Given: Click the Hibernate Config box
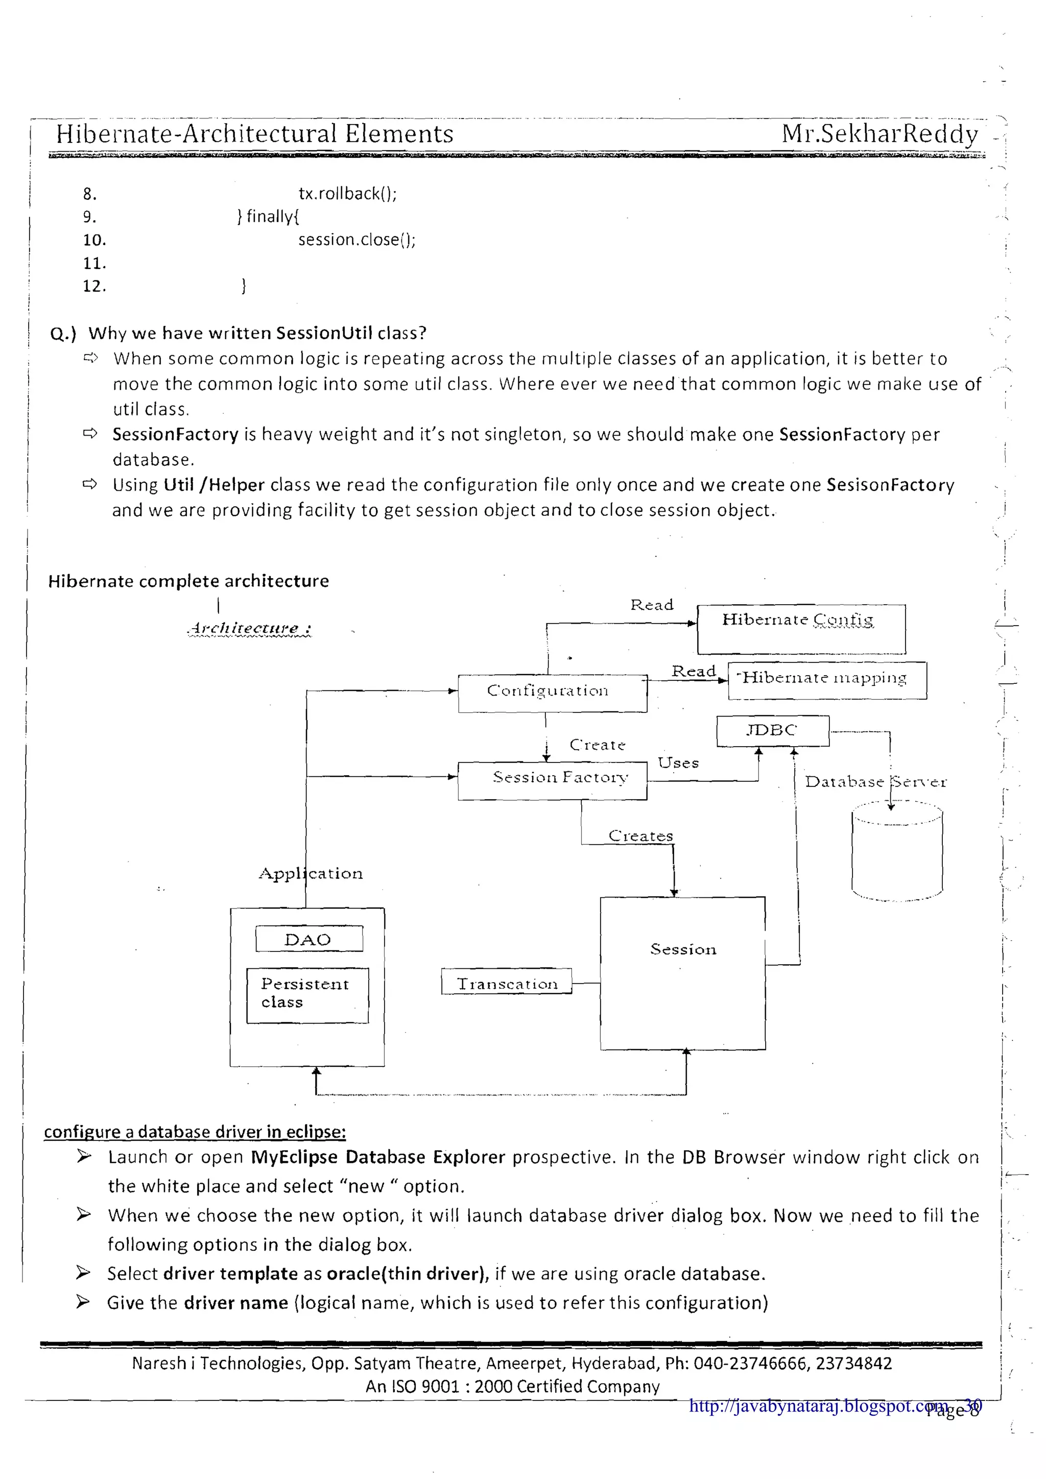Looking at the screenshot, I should (x=801, y=628).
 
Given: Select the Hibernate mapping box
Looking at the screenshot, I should (x=827, y=680).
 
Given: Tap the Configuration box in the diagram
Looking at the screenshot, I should (x=552, y=693).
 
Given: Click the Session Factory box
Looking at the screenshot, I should (x=552, y=781).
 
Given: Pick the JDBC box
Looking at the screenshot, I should (x=772, y=730).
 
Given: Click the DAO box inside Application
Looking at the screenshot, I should (x=308, y=939).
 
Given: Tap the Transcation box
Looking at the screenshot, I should (x=506, y=984).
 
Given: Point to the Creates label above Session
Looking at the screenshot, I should (x=640, y=836).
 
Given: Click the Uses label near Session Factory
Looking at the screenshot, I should (x=678, y=762).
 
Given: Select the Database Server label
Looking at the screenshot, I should (x=875, y=781).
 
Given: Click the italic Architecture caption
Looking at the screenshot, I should (x=249, y=628).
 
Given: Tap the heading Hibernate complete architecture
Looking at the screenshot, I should (x=188, y=581).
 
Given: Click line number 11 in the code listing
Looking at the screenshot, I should (x=94, y=263).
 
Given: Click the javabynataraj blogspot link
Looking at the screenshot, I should (x=818, y=1405).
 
